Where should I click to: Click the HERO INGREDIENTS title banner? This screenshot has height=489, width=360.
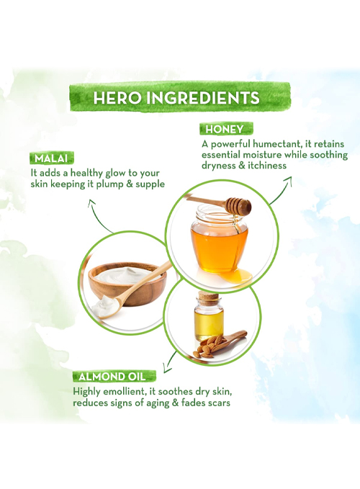point(180,97)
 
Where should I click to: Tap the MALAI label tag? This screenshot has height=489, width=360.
point(52,158)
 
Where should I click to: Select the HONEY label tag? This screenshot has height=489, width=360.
point(226,129)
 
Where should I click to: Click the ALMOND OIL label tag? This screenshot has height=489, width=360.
point(114,377)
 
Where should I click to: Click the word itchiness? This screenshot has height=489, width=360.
point(267,166)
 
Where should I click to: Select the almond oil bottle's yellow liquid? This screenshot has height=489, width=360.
point(209,323)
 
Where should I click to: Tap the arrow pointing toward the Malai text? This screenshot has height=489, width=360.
point(99,215)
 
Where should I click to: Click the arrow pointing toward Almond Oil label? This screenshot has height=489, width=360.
point(170,362)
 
